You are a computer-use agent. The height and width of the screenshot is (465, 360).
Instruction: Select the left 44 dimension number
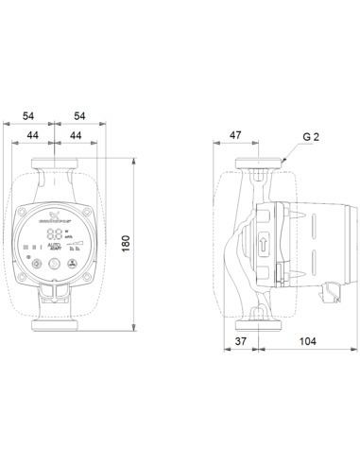tap(34, 136)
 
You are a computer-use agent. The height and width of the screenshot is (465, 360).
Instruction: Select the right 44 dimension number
tap(77, 136)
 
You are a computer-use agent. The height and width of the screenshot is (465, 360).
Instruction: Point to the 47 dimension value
tap(235, 136)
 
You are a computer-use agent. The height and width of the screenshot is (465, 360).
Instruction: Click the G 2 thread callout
tap(310, 137)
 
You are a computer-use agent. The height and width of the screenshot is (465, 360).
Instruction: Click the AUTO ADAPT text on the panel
tap(56, 246)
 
